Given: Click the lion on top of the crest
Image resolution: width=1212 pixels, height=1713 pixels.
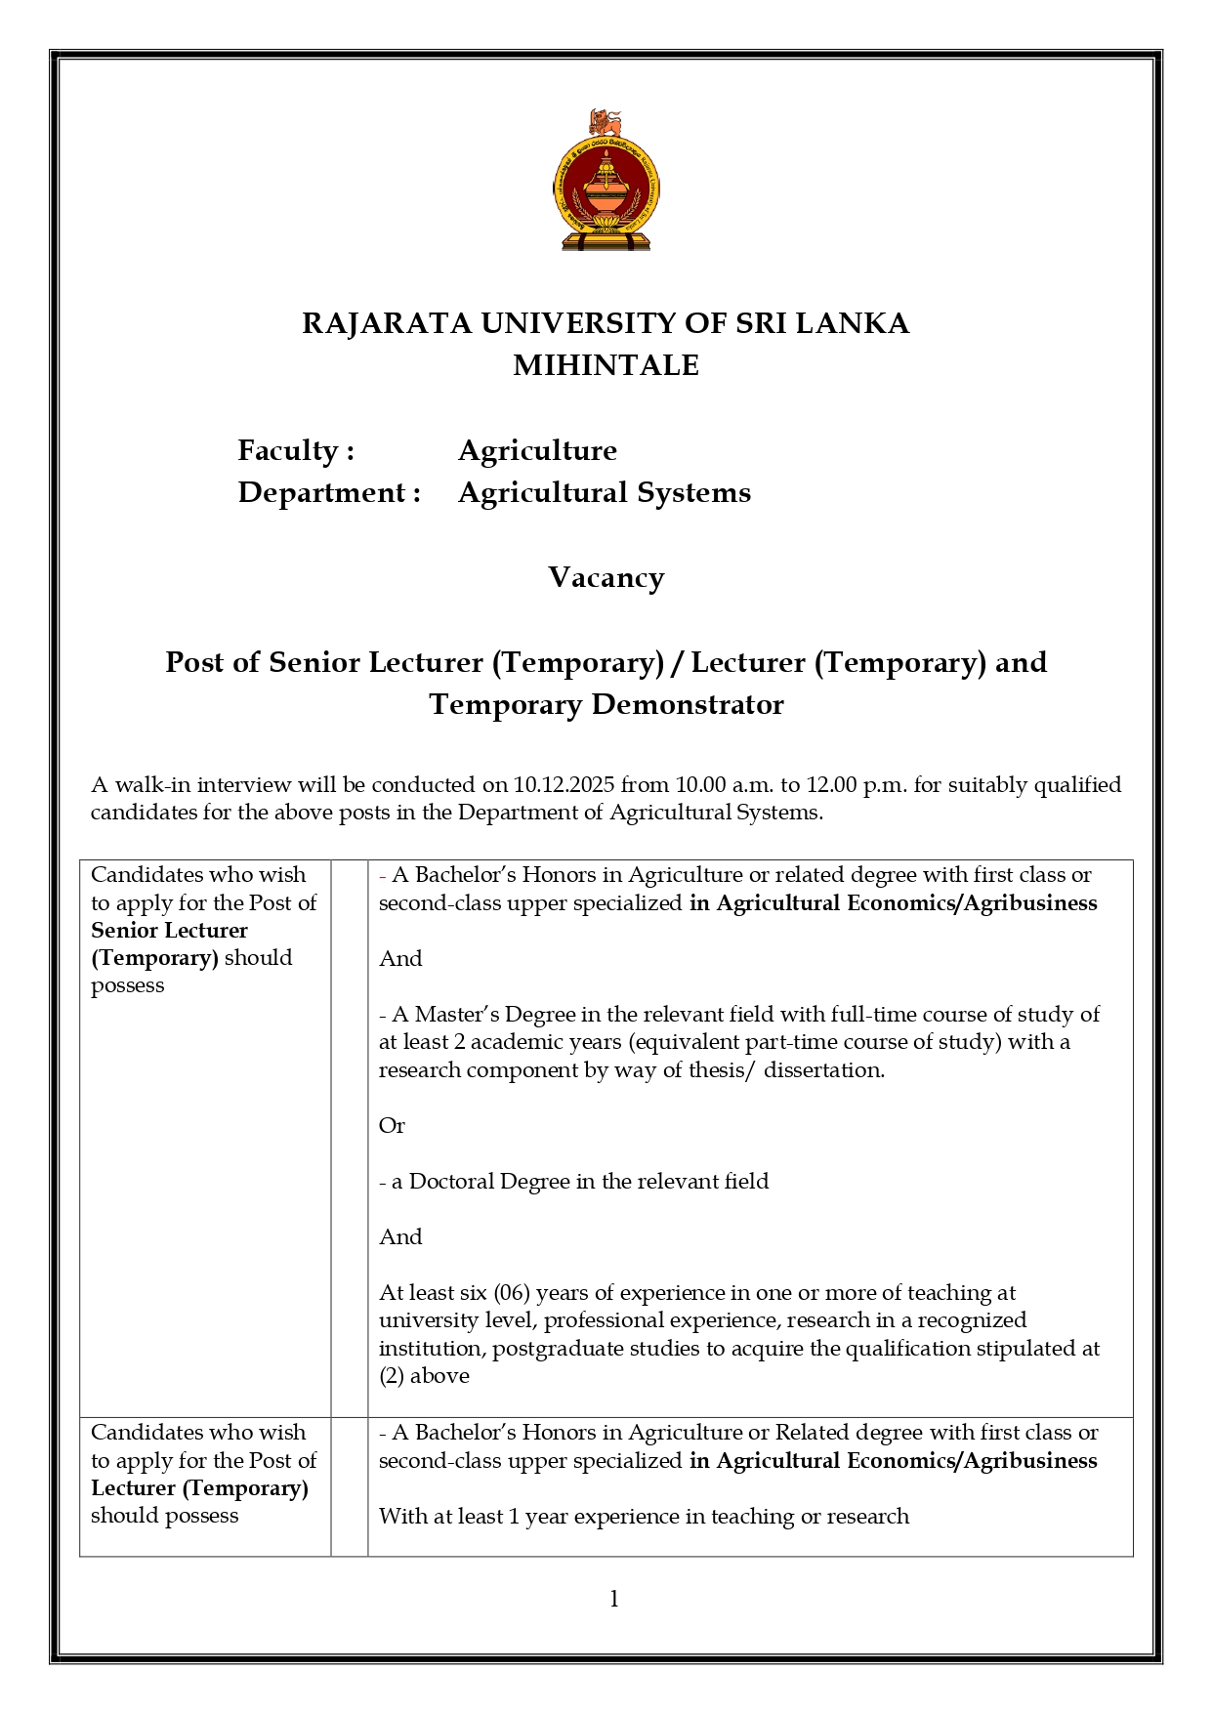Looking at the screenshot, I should [606, 124].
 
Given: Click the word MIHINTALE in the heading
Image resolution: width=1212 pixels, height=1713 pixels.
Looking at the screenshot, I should [606, 365].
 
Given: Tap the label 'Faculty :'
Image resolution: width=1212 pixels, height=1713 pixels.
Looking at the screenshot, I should [296, 450].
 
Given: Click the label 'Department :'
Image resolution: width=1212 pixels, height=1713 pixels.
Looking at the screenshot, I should [329, 492].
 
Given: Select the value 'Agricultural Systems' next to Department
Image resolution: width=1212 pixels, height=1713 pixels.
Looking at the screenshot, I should [605, 492].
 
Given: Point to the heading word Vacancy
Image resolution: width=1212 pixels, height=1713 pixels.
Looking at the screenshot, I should [606, 577].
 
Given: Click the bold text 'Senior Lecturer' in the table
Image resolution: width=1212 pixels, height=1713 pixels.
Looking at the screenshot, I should [169, 931].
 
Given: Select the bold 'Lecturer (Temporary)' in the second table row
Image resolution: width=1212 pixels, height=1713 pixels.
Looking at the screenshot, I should [199, 1488].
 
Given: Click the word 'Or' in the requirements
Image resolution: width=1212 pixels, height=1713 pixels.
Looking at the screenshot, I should [392, 1126].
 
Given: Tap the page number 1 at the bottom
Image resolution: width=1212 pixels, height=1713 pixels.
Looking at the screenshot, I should [614, 1599].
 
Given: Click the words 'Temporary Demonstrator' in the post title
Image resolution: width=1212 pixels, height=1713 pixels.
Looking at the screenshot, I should [606, 704].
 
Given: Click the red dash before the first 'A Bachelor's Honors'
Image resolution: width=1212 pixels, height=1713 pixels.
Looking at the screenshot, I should [383, 876].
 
